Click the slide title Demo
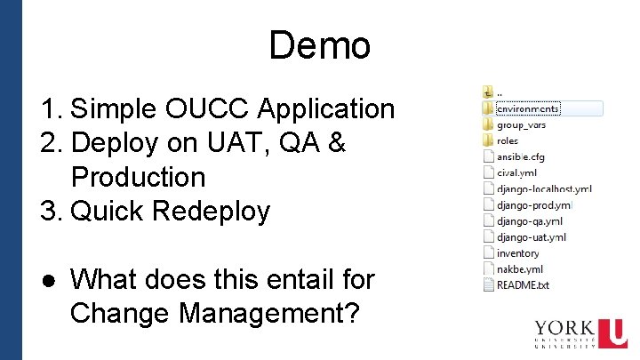pos(319,45)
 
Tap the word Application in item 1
pos(326,109)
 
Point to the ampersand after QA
pos(336,143)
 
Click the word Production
pos(138,177)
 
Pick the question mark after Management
pos(351,313)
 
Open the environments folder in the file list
pos(528,108)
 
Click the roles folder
pos(508,140)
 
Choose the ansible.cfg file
pos(520,156)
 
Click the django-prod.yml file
pos(534,204)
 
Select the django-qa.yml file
pos(530,220)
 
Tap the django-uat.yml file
pos(531,236)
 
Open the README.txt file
pos(523,284)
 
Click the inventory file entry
pos(518,252)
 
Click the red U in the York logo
pos(612,333)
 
